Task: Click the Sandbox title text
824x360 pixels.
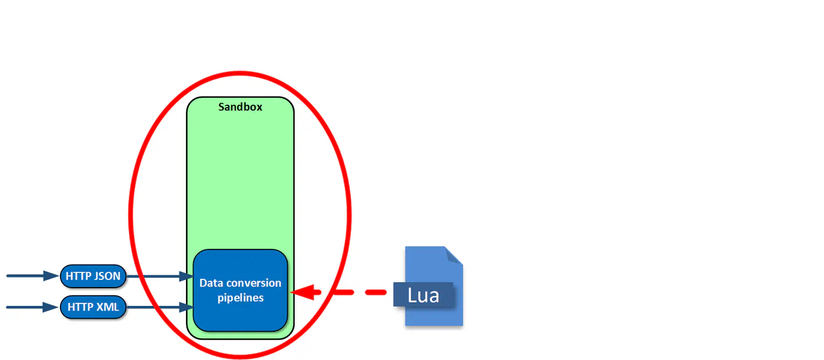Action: (240, 107)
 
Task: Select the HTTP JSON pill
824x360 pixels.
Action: (93, 276)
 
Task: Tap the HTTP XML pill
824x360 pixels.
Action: (93, 307)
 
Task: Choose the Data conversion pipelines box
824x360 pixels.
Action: (240, 291)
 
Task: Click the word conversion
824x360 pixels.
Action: (254, 283)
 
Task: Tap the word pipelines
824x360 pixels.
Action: (241, 298)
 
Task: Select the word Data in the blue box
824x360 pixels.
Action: (211, 283)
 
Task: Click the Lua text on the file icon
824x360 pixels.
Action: (423, 295)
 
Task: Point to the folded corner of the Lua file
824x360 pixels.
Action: (454, 255)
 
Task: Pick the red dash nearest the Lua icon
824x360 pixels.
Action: (376, 292)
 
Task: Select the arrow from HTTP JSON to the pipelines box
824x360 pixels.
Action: (160, 276)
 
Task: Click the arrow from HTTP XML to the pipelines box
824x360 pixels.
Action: (160, 307)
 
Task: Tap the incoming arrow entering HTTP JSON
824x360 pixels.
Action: (33, 276)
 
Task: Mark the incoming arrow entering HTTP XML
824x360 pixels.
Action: (33, 307)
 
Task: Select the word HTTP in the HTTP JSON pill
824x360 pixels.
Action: (78, 276)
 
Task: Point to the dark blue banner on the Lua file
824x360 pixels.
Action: (423, 295)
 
